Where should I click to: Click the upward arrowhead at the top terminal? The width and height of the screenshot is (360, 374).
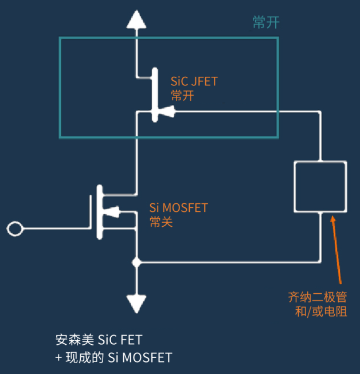click(136, 19)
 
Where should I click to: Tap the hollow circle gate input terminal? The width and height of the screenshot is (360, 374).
click(15, 229)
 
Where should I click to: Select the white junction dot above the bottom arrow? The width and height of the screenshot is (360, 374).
click(136, 262)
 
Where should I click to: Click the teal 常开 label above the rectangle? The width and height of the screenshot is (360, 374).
click(266, 23)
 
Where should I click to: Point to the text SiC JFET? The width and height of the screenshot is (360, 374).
click(194, 81)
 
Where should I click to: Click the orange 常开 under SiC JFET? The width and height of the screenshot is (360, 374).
click(182, 96)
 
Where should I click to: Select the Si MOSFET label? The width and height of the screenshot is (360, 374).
click(179, 207)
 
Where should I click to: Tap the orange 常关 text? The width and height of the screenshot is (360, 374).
click(161, 222)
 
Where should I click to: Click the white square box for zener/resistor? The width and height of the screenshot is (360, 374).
click(294, 187)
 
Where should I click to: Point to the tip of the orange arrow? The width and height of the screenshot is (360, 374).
click(332, 216)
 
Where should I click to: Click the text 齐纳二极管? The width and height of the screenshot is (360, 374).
click(317, 297)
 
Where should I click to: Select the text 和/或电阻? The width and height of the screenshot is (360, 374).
click(321, 312)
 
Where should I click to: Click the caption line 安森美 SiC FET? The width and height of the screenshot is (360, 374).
click(99, 340)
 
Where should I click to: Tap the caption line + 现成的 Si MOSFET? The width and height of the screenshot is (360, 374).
click(114, 357)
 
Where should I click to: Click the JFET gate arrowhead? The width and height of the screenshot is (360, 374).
click(167, 111)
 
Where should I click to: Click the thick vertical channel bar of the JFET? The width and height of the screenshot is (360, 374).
click(155, 95)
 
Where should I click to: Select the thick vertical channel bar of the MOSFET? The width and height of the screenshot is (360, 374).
click(100, 212)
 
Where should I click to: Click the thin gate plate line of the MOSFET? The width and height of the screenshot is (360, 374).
click(91, 212)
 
